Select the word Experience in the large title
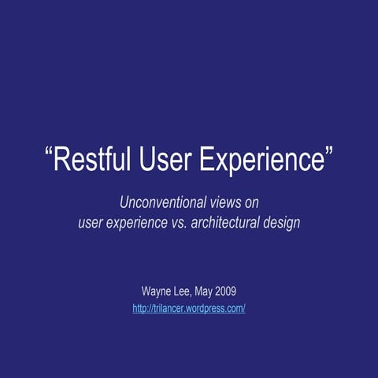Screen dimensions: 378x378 (x=261, y=160)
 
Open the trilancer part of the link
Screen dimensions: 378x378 (x=168, y=309)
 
